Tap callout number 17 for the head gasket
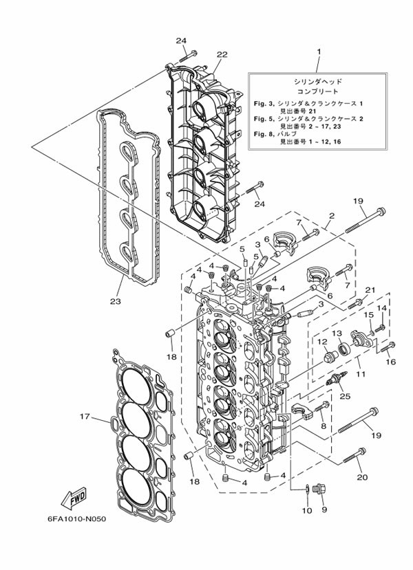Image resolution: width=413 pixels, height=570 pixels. click(x=85, y=417)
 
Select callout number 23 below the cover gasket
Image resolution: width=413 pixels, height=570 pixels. click(x=116, y=301)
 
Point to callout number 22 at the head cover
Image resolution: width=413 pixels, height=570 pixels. click(x=222, y=54)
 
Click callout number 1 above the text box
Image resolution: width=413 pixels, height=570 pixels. click(x=319, y=52)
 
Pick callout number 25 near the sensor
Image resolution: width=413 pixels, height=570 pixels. click(x=345, y=395)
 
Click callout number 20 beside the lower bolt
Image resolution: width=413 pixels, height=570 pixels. click(x=363, y=477)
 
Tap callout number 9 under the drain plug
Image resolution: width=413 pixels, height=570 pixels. click(x=324, y=509)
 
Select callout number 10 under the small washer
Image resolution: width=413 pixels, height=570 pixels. click(x=307, y=510)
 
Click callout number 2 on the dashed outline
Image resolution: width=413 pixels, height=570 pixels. click(x=331, y=216)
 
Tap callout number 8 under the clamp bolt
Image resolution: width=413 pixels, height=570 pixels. click(x=324, y=426)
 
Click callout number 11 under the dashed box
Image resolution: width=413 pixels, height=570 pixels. click(x=361, y=374)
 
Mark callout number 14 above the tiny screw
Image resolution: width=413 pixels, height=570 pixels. click(x=381, y=308)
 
